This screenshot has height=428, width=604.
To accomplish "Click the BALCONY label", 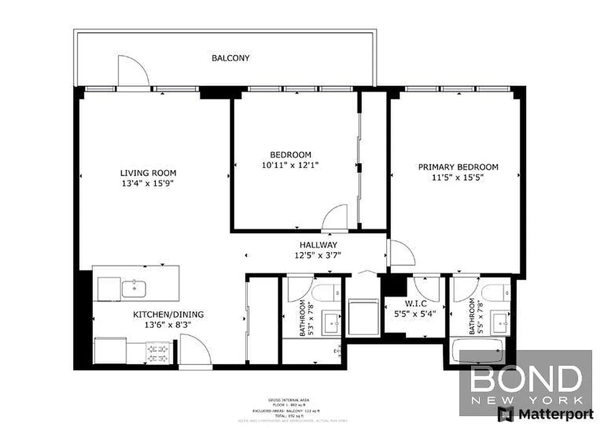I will [230, 58].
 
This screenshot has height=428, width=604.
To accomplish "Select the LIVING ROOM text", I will [148, 173].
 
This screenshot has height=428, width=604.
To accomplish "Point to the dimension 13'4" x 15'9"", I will [148, 183].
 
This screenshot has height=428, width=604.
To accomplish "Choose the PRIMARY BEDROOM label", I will [458, 167].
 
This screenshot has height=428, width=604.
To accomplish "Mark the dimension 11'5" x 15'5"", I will [458, 177].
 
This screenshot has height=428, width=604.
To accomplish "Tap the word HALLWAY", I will [318, 244].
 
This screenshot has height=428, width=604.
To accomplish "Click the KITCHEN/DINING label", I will [168, 315].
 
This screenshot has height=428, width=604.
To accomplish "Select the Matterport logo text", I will [552, 414].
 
